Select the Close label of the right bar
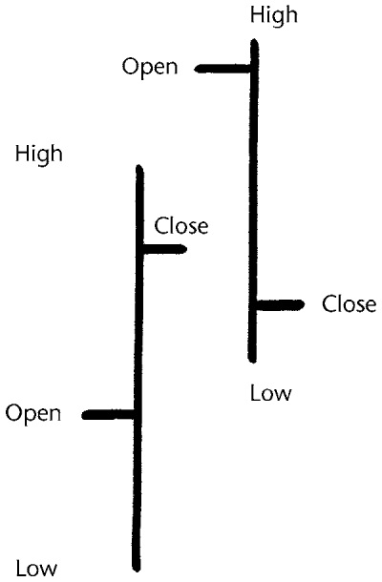[349, 304]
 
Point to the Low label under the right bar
[271, 393]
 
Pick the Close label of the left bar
[180, 226]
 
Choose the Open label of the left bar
[33, 414]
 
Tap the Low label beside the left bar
[36, 569]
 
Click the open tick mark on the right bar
[223, 69]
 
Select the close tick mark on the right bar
[281, 304]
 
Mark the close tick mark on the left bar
[164, 249]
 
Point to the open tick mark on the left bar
[108, 415]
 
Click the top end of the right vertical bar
[255, 40]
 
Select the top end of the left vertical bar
[139, 166]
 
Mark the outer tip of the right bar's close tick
[304, 304]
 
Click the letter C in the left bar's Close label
[160, 226]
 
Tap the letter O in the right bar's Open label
[130, 67]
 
